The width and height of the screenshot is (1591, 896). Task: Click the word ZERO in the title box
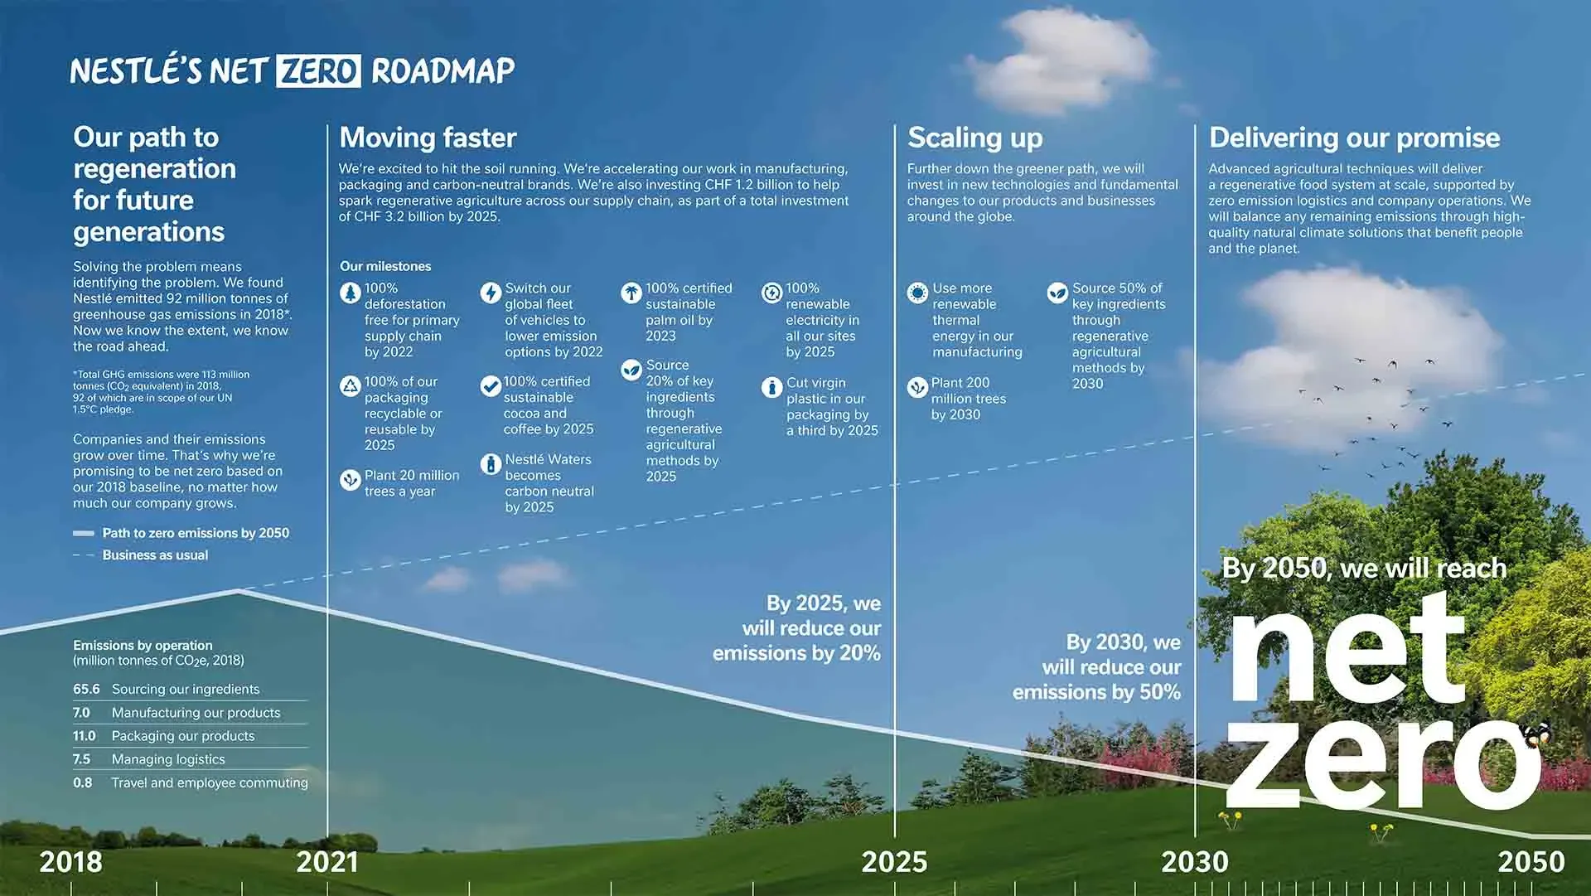pos(319,70)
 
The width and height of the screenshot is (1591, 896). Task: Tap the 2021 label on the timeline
pos(327,862)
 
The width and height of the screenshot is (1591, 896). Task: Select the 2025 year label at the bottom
pos(894,862)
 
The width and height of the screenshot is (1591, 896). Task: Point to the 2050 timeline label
pos(1531,862)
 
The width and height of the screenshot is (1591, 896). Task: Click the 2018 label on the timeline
pos(71,862)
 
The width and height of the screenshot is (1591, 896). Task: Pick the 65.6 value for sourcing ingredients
pos(86,689)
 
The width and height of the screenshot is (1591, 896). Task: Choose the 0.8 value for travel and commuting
pos(82,782)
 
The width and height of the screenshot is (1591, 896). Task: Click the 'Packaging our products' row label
pos(183,736)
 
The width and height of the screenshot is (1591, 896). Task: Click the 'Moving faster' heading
pos(428,138)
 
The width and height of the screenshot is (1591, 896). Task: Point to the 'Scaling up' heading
pos(975,138)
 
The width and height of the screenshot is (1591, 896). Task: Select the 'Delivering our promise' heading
pos(1355,138)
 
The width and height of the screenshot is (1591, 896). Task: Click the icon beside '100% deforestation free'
pos(351,293)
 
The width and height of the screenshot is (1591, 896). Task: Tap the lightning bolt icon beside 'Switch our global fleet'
pos(491,293)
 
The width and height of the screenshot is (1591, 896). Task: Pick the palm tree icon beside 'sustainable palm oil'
pos(631,293)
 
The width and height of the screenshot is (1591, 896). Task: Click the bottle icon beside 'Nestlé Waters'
pos(491,464)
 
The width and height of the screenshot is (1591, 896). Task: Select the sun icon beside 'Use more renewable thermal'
pos(917,293)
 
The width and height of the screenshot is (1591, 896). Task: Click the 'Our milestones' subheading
pos(385,266)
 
